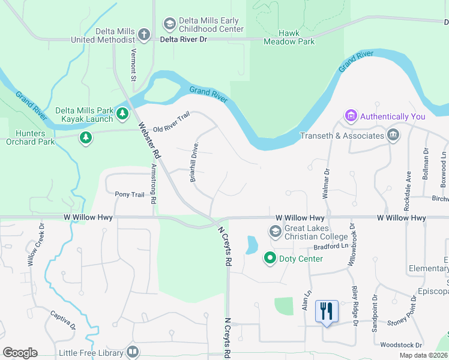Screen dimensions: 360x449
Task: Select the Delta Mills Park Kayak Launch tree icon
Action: [122, 113]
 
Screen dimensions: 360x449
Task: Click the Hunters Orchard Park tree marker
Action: [86, 138]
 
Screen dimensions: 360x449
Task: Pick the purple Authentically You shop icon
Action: [351, 115]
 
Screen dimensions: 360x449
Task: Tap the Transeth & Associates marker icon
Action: [394, 134]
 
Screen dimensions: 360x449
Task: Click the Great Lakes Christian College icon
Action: [275, 231]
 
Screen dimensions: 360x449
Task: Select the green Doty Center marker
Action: [270, 259]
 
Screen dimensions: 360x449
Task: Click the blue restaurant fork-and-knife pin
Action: [327, 311]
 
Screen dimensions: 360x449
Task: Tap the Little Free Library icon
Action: [133, 352]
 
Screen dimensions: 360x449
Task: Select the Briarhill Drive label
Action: [194, 162]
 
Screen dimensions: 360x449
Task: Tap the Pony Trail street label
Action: [130, 194]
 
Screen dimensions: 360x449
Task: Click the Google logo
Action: [20, 353]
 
